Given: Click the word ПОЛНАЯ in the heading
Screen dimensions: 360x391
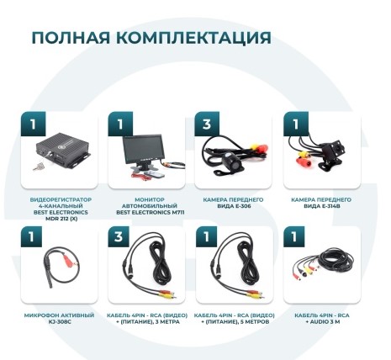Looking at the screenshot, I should click(70, 38).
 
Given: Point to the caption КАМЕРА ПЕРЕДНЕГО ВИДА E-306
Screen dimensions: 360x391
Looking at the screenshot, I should click(234, 203).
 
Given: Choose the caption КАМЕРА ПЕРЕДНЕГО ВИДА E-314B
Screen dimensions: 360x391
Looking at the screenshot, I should click(322, 203).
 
